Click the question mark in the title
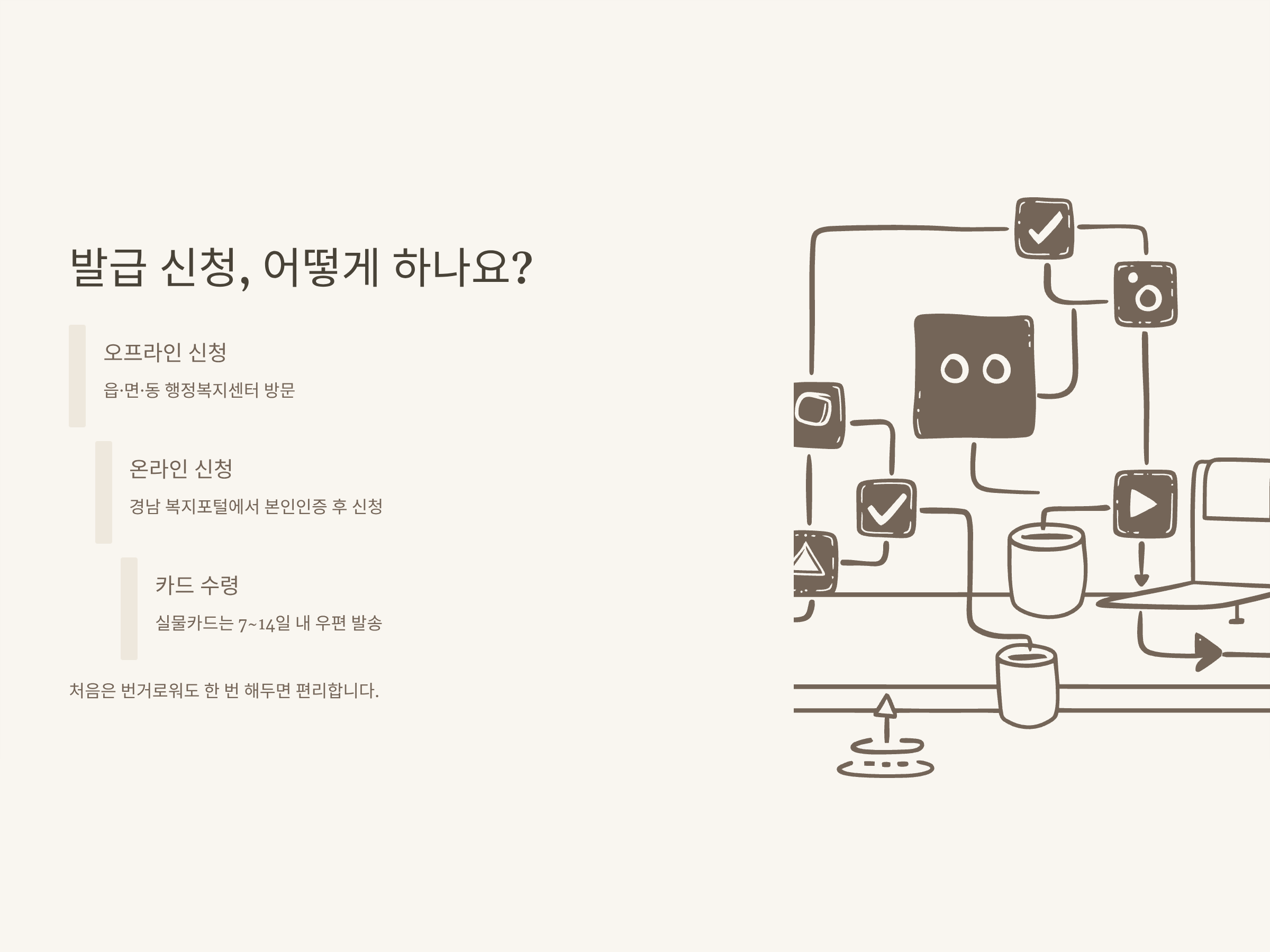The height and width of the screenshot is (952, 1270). [521, 268]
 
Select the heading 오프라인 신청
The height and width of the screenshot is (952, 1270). [165, 352]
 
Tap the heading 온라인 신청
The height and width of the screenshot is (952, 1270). [181, 469]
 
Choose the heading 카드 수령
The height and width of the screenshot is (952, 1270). [197, 585]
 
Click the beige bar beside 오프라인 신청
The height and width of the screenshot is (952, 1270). [77, 376]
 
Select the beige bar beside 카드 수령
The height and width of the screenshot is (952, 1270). [129, 608]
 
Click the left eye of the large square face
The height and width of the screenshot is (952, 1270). [954, 369]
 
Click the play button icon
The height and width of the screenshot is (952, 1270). [1144, 504]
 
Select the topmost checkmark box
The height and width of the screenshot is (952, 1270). [1044, 228]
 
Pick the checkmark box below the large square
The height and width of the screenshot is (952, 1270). [886, 508]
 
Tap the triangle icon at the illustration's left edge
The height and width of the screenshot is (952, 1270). [809, 560]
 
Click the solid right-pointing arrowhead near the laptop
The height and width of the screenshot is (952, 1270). [1207, 653]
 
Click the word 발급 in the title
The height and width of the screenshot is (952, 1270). [108, 268]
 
